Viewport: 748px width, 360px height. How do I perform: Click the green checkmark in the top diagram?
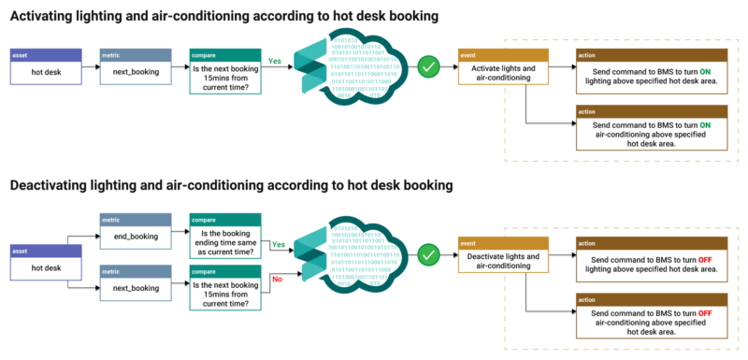[x=428, y=67]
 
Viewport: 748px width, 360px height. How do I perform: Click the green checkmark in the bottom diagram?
[x=428, y=252]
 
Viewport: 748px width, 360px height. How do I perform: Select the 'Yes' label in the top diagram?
[x=276, y=60]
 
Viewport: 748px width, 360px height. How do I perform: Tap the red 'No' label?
[x=276, y=278]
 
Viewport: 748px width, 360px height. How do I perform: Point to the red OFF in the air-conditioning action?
[x=705, y=312]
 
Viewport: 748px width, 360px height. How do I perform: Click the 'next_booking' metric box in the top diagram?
[x=136, y=68]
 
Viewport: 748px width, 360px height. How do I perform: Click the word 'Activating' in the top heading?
[x=46, y=17]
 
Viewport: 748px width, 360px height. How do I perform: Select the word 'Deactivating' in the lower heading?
[x=53, y=185]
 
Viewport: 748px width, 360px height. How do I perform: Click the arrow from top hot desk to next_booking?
[x=90, y=68]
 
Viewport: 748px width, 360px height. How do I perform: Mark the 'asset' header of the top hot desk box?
[x=46, y=55]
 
